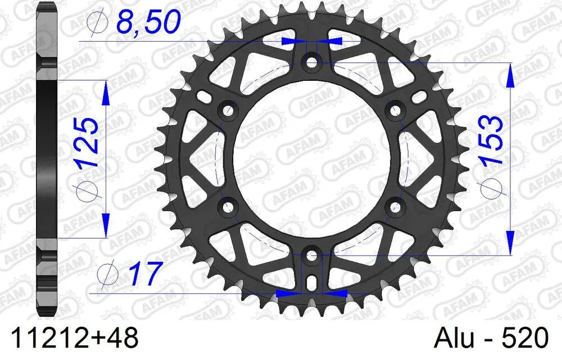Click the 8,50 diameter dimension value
click(x=147, y=23)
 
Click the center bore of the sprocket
click(x=311, y=158)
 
